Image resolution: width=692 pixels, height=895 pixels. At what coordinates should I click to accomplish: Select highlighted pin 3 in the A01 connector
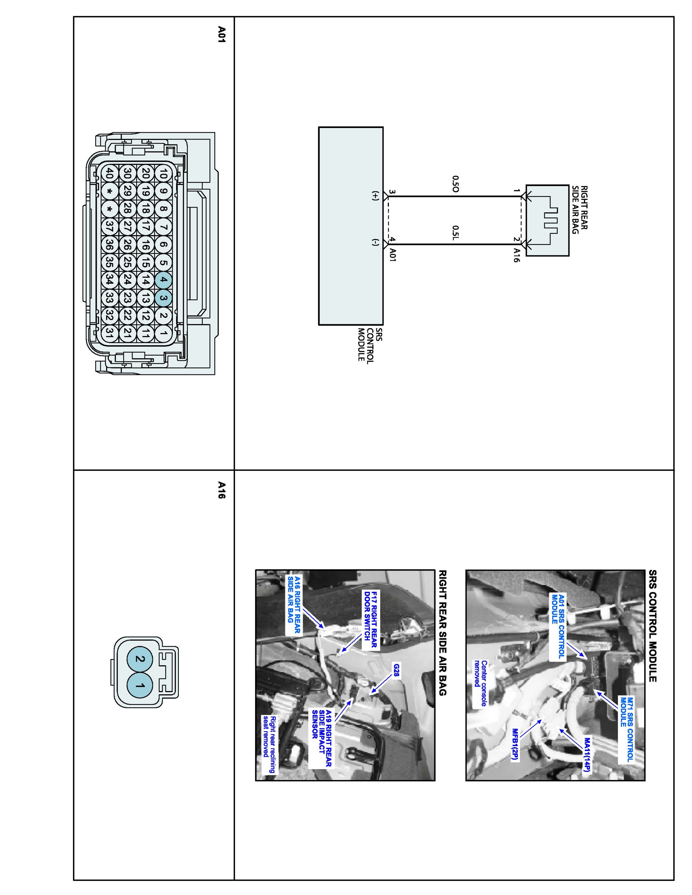(163, 298)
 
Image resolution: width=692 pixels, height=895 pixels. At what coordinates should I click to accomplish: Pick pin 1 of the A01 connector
(163, 333)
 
